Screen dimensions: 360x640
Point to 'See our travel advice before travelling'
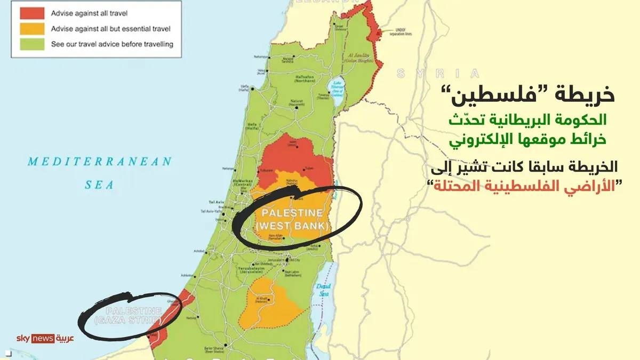113,44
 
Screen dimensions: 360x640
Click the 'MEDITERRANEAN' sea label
100,161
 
